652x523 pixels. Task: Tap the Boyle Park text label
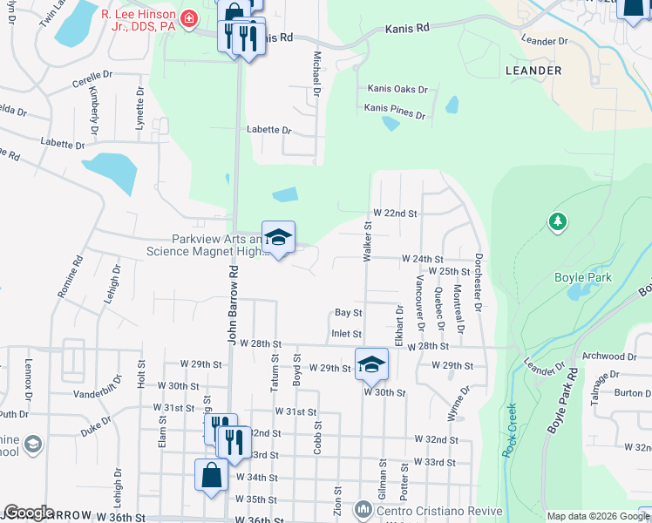click(583, 278)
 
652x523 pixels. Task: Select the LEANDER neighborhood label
click(533, 70)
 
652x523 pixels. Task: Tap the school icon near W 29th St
click(371, 363)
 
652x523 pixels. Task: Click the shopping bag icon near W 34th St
click(211, 475)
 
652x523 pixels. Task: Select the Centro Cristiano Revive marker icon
click(363, 508)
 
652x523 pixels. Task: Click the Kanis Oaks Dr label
click(397, 89)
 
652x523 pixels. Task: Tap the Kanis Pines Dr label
click(395, 114)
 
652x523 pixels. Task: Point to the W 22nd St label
click(395, 213)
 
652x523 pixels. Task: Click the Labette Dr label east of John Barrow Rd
click(268, 130)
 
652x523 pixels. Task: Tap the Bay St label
click(348, 312)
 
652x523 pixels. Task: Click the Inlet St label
click(346, 333)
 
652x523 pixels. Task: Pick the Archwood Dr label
click(609, 356)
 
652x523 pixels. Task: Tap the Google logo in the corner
click(29, 513)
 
